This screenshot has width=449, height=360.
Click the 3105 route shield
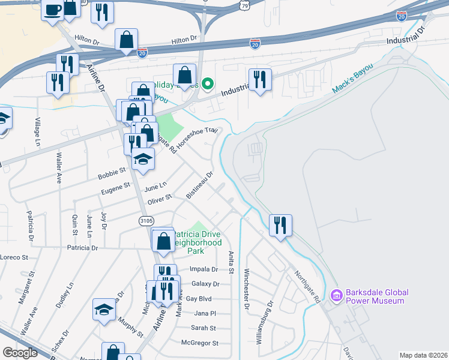(146, 221)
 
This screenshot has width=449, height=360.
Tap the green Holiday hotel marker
(208, 85)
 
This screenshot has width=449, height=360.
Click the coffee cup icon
(53, 10)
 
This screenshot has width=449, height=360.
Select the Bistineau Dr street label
(200, 185)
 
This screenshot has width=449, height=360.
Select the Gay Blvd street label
(199, 298)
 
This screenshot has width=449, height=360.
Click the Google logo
(20, 353)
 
